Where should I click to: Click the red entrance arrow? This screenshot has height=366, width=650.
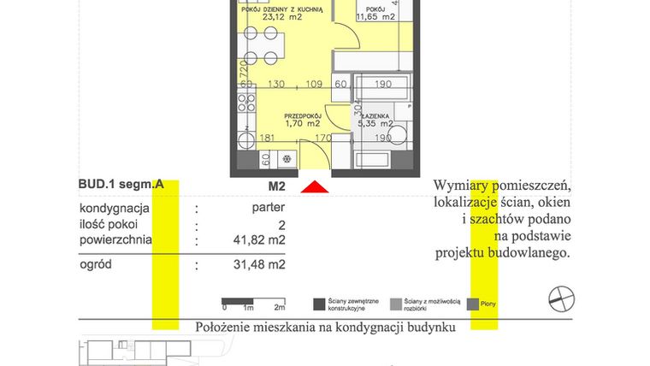point(316,187)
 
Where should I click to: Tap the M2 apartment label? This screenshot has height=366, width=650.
point(276,186)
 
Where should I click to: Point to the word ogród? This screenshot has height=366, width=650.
point(96,264)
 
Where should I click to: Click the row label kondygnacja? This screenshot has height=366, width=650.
point(115,208)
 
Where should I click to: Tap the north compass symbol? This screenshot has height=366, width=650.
point(561,298)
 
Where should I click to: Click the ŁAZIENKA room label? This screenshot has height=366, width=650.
point(376,115)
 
